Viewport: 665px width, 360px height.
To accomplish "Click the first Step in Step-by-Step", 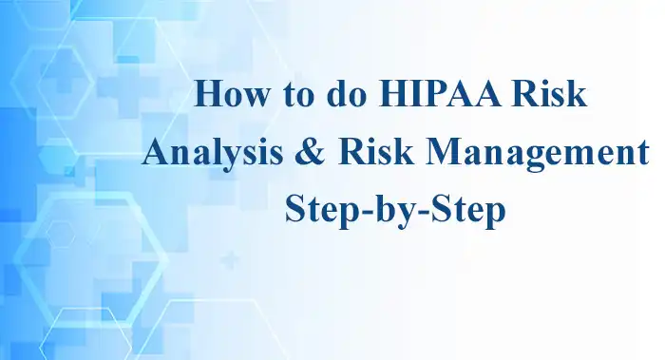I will pyautogui.click(x=317, y=210).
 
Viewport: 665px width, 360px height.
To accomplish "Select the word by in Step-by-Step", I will pyautogui.click(x=380, y=210).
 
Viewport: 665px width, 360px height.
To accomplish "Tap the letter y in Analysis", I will pyautogui.click(x=222, y=157).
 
